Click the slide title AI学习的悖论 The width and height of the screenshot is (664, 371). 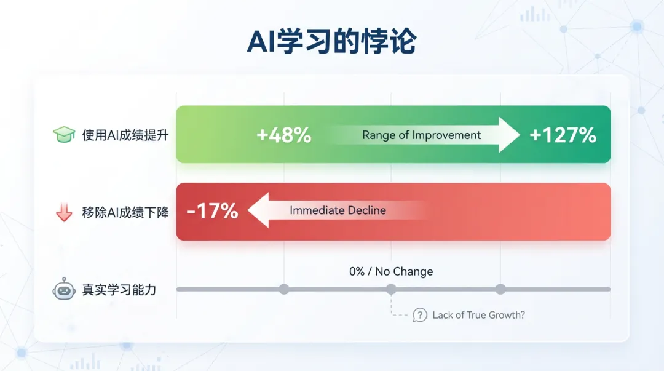tap(331, 42)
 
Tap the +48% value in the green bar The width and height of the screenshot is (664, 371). tap(283, 135)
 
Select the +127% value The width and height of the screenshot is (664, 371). tap(563, 135)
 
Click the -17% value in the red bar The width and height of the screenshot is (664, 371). tap(212, 211)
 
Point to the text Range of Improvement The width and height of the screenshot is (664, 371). tap(421, 135)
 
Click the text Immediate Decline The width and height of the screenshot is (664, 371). tap(338, 210)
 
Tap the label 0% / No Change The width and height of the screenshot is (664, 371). tap(391, 271)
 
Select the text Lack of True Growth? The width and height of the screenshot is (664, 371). tap(478, 315)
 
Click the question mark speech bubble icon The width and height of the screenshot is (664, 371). tap(420, 315)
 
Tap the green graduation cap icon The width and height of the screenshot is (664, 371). tap(64, 134)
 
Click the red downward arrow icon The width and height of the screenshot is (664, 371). tap(64, 212)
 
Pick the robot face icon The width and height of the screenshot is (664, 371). tap(64, 289)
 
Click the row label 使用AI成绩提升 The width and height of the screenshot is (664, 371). tap(125, 135)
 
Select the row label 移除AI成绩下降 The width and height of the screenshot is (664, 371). tap(125, 212)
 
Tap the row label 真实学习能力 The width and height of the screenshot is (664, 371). tap(119, 290)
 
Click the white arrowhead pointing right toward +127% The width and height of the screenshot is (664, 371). tap(508, 135)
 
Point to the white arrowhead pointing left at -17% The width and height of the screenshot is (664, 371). tap(259, 210)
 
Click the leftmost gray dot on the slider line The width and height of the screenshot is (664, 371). tap(284, 290)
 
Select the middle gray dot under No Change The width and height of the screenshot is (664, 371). tap(391, 290)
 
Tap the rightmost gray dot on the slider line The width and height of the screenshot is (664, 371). tap(500, 290)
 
